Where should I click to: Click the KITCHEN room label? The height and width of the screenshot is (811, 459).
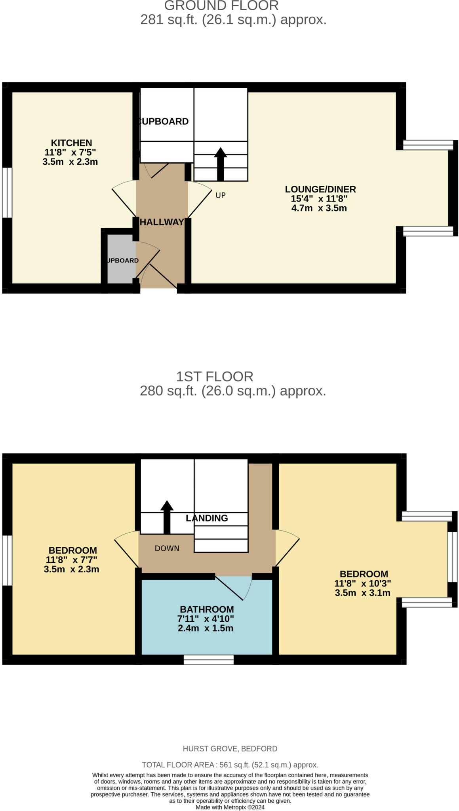click(x=71, y=143)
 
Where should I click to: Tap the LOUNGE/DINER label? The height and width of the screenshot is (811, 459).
click(x=320, y=189)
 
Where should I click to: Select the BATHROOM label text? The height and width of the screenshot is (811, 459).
click(x=206, y=609)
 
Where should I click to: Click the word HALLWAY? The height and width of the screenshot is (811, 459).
click(x=162, y=222)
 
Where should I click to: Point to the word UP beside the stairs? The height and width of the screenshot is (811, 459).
click(x=221, y=195)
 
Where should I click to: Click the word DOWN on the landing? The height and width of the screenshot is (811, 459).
click(x=167, y=548)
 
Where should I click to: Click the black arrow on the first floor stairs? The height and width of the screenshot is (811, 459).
click(x=167, y=516)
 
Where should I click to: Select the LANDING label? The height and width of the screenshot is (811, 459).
click(x=207, y=518)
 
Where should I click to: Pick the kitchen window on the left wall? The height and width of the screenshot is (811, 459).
click(x=7, y=192)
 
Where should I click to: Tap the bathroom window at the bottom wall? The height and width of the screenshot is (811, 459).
click(x=208, y=659)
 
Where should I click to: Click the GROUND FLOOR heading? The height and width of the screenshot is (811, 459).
click(x=221, y=6)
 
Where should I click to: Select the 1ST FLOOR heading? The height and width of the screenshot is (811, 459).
click(x=214, y=376)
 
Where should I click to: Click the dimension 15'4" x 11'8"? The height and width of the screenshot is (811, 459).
click(x=319, y=199)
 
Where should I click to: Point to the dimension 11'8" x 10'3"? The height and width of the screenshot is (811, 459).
click(x=362, y=583)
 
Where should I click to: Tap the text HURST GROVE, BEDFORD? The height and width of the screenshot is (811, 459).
click(x=230, y=749)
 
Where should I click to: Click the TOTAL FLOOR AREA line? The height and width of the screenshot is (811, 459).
click(x=230, y=765)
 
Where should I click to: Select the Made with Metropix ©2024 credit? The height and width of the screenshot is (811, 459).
click(x=230, y=807)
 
